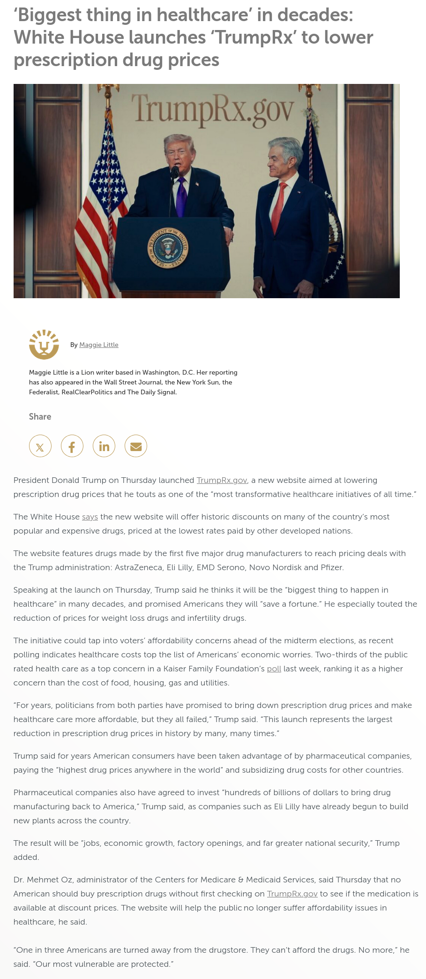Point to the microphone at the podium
coord(175,173)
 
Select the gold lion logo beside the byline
coord(44,345)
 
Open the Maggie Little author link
coord(99,345)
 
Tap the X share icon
coord(40,446)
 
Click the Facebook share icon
coord(72,446)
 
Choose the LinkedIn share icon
coord(104,446)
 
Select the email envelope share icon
coord(136,446)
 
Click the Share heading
coord(40,417)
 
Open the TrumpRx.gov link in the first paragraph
coord(222,481)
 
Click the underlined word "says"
coord(90,517)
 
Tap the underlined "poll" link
coord(274,669)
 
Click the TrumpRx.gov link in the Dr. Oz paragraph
coord(292,894)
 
